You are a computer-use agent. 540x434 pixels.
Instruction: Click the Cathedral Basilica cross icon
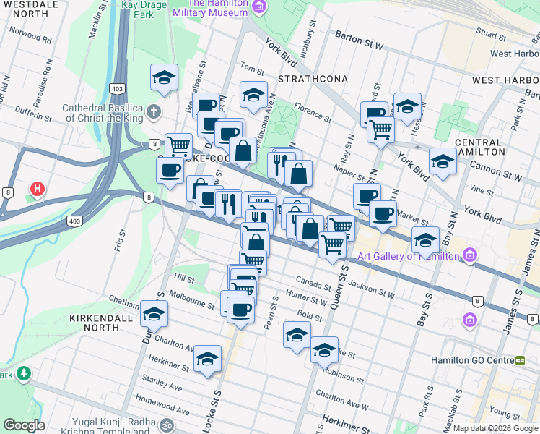pyautogui.click(x=153, y=112)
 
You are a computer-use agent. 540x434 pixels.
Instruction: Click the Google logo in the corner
pyautogui.click(x=24, y=425)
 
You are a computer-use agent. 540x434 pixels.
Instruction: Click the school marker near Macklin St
pyautogui.click(x=165, y=78)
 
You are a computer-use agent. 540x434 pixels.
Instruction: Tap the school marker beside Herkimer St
pyautogui.click(x=207, y=359)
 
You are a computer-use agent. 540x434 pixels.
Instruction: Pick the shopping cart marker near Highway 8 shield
pyautogui.click(x=178, y=147)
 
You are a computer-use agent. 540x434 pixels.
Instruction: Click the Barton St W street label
pyautogui.click(x=358, y=38)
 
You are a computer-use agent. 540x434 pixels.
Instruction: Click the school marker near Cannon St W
pyautogui.click(x=443, y=162)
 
